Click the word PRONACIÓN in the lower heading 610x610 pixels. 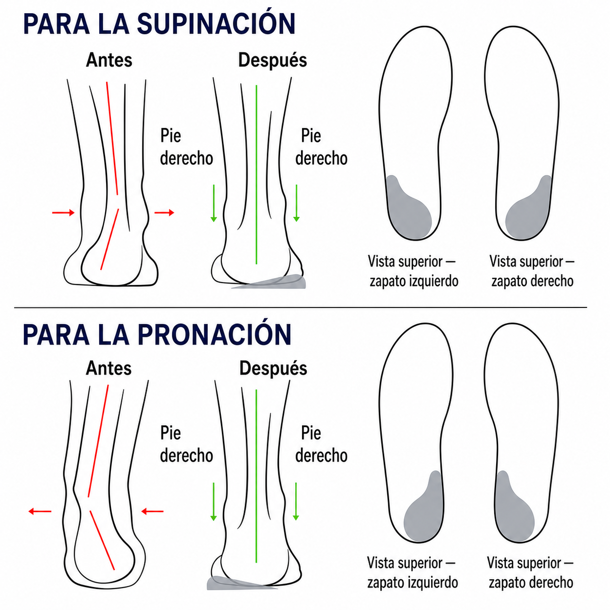pyautogui.click(x=215, y=335)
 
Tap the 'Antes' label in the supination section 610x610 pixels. pyautogui.click(x=109, y=60)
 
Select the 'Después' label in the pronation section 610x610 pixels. pyautogui.click(x=273, y=368)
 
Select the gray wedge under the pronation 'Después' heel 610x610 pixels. pyautogui.click(x=239, y=583)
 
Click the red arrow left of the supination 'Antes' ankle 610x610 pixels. pyautogui.click(x=63, y=213)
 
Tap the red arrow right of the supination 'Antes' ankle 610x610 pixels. pyautogui.click(x=164, y=213)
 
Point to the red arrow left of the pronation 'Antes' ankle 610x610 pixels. pyautogui.click(x=40, y=511)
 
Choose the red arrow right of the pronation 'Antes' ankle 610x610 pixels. pyautogui.click(x=152, y=511)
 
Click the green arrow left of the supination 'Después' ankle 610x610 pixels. pyautogui.click(x=214, y=203)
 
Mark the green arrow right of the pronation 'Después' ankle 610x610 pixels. pyautogui.click(x=296, y=502)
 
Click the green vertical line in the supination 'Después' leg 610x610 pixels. pyautogui.click(x=256, y=175)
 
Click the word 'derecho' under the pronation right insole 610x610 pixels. pyautogui.click(x=553, y=583)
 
